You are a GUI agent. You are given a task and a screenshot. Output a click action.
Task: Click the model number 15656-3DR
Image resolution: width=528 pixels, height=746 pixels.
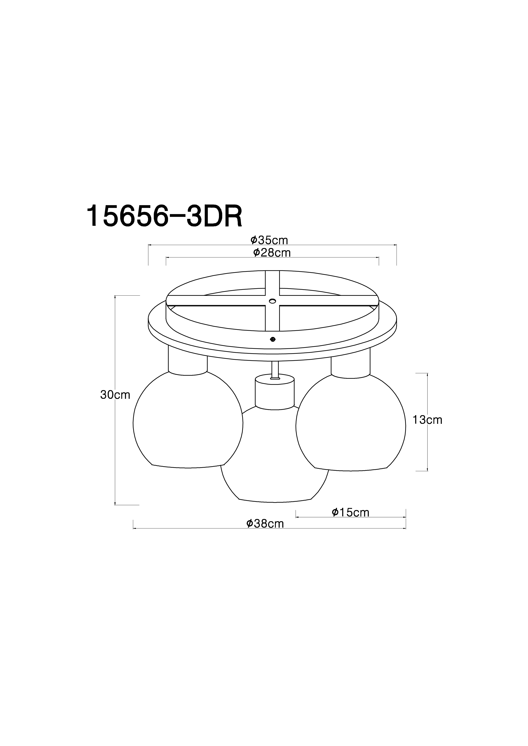point(164,216)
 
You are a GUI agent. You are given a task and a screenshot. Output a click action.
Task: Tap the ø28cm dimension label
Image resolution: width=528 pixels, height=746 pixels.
point(272,252)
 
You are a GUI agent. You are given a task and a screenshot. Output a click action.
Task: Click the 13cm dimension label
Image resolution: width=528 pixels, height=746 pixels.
point(427,420)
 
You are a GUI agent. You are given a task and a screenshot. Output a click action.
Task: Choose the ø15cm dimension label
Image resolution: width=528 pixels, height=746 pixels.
point(351,512)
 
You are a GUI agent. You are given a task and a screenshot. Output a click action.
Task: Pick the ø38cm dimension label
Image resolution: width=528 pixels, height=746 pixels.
point(265,523)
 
